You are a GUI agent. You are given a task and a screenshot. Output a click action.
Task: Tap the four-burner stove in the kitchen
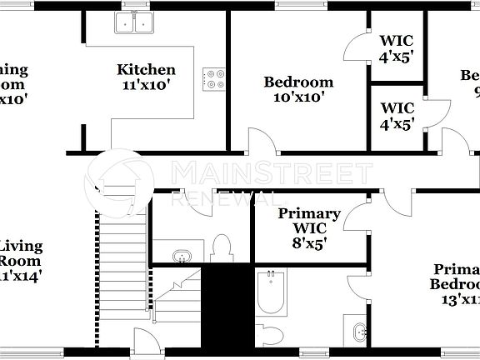[x=214, y=78]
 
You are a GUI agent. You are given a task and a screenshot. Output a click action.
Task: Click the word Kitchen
[x=146, y=70]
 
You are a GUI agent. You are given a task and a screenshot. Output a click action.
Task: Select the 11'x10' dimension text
[x=146, y=85]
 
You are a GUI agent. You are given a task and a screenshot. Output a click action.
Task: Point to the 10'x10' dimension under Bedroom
[x=298, y=97]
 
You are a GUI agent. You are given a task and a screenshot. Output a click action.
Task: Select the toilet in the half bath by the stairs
[x=221, y=247]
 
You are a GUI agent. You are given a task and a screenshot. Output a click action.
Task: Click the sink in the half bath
[x=183, y=256]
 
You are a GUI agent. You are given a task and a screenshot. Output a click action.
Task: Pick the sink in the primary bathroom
[x=360, y=332]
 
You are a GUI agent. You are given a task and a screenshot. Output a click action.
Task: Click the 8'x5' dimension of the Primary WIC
[x=309, y=244]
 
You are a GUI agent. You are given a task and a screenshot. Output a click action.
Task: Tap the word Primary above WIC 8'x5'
[x=309, y=214]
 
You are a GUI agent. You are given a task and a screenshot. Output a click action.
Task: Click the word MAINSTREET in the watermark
[x=271, y=173]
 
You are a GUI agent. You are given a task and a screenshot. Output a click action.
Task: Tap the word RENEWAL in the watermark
[x=223, y=197]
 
